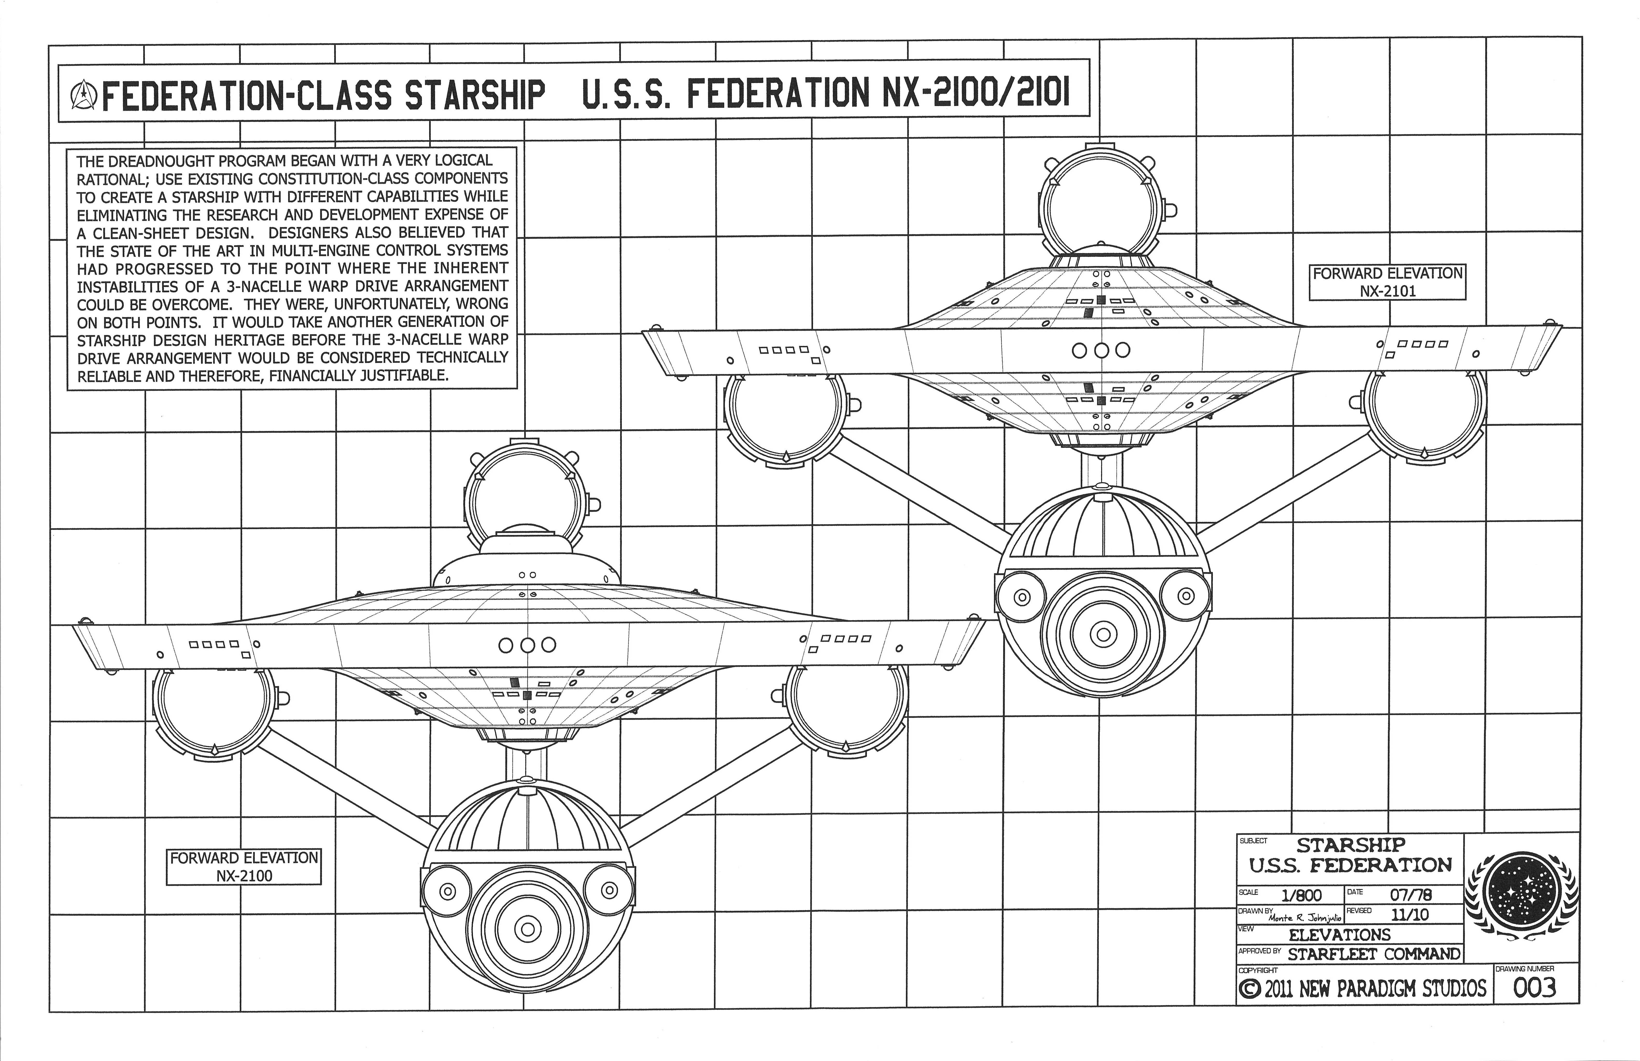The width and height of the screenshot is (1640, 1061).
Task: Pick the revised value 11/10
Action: (x=1409, y=915)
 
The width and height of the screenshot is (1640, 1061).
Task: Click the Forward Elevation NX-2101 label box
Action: (x=1387, y=282)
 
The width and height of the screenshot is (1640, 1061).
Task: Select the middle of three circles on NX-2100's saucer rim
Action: (x=527, y=645)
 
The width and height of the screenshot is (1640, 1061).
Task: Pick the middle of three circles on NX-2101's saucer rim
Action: (x=1101, y=350)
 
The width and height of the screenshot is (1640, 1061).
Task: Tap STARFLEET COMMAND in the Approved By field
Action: (x=1373, y=954)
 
